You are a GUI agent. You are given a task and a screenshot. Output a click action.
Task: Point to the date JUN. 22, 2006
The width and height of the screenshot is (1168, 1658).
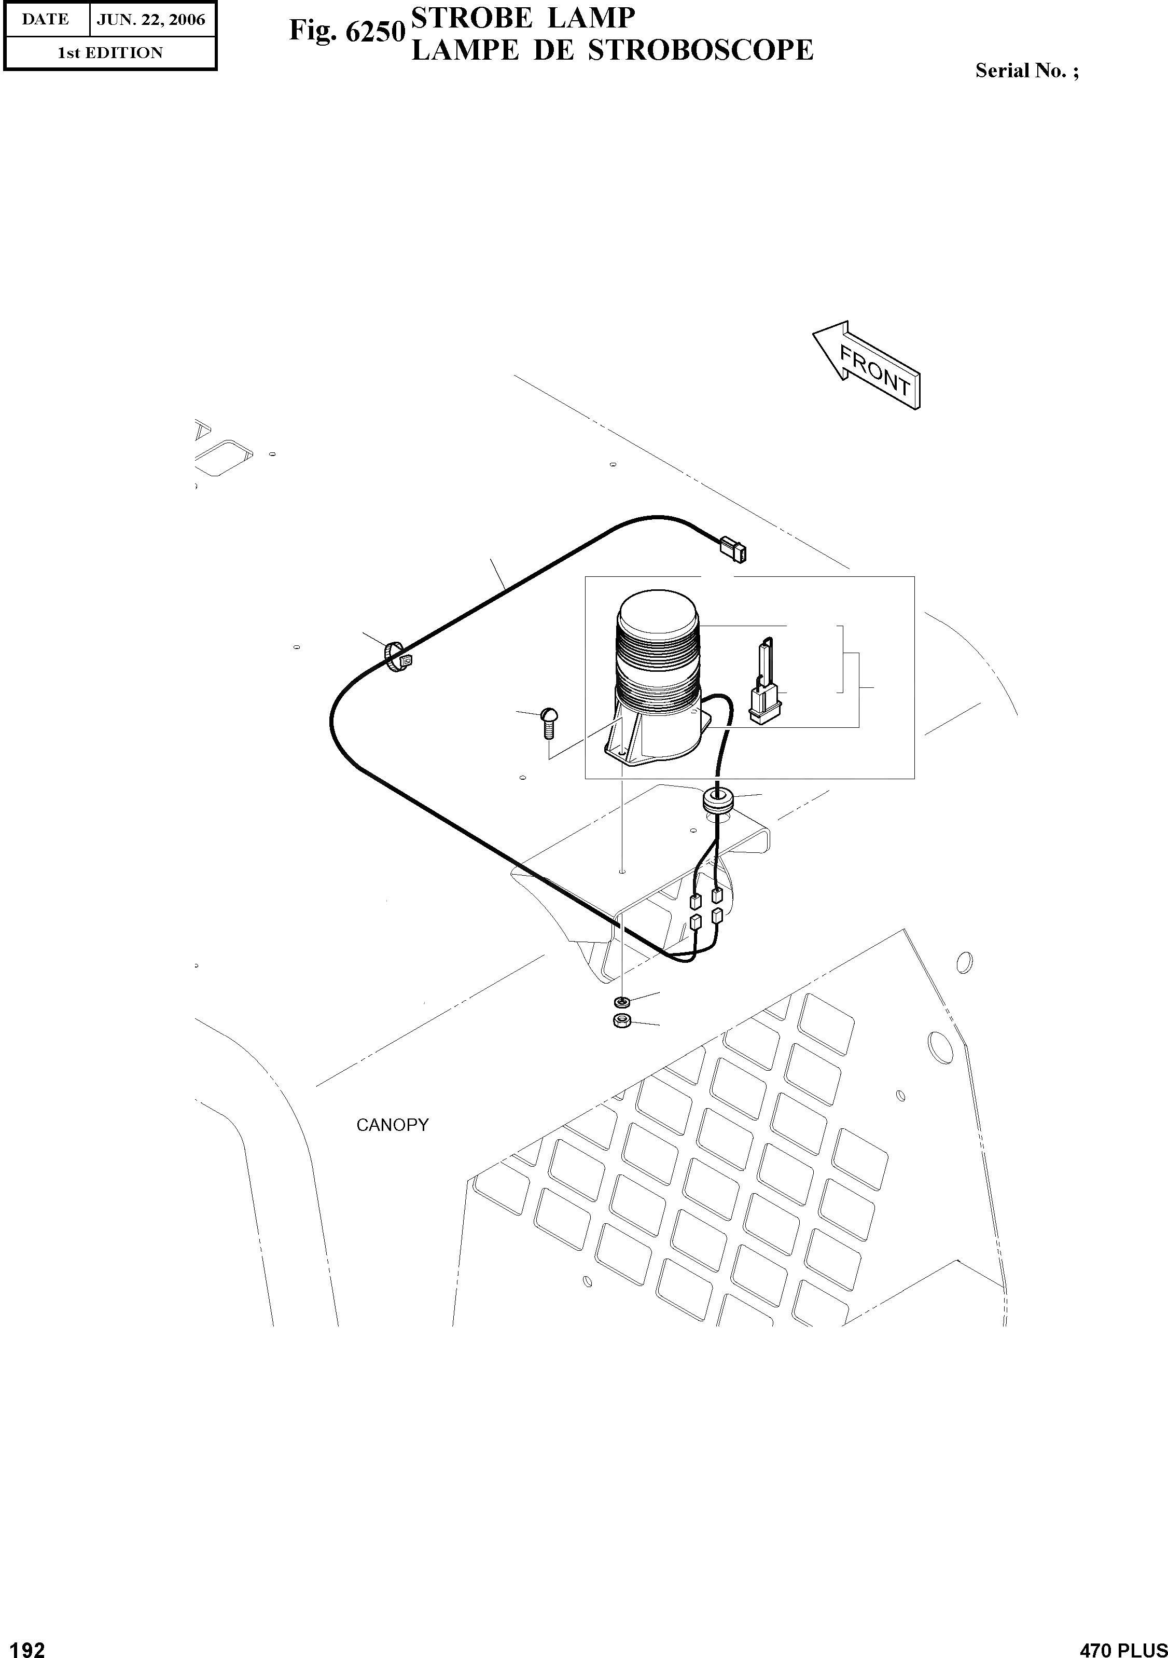[x=151, y=20]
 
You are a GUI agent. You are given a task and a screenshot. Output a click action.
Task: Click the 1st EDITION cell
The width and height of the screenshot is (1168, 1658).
[x=110, y=53]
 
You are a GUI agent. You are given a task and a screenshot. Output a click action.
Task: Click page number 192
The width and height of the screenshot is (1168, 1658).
[x=24, y=1643]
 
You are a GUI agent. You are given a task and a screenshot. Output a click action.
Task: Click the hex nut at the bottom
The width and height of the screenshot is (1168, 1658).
[x=621, y=1021]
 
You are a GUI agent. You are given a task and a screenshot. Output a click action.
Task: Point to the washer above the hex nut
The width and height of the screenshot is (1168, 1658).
[x=621, y=1002]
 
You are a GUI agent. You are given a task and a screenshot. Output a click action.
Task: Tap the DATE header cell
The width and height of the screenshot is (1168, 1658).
[x=46, y=20]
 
